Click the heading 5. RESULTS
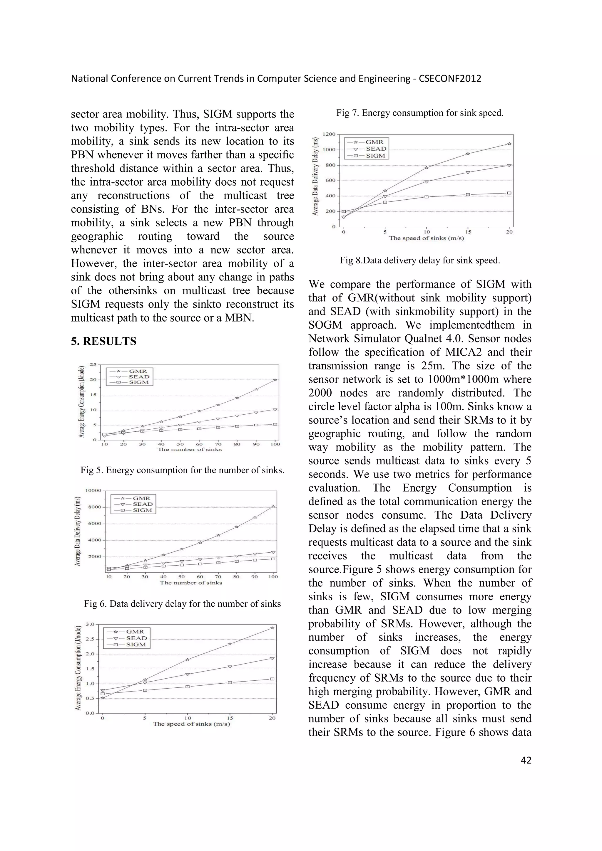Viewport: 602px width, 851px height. [x=104, y=341]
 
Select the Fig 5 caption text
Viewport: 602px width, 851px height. [x=182, y=470]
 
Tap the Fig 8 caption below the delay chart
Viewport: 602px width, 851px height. [x=420, y=260]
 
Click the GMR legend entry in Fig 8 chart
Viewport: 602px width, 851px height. [x=374, y=142]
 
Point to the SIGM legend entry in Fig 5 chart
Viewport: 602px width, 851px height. [x=139, y=382]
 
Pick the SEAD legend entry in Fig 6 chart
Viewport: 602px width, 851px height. [x=143, y=504]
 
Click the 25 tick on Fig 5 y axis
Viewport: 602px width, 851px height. [x=93, y=365]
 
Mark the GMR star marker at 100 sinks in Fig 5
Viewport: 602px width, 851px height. [x=275, y=380]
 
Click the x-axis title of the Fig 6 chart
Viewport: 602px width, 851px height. [x=191, y=583]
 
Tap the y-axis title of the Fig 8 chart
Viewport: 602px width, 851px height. [x=315, y=176]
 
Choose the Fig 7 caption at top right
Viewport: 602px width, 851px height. [x=420, y=113]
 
